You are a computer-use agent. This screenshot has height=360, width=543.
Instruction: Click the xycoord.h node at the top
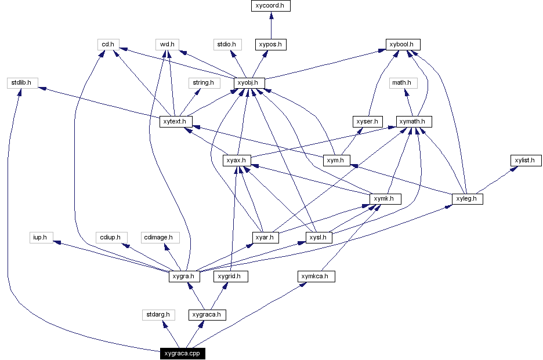(x=271, y=6)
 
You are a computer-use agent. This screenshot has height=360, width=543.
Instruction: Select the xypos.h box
(x=271, y=44)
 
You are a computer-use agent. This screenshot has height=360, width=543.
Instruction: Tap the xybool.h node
(x=403, y=44)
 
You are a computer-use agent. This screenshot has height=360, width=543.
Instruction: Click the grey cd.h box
(x=108, y=44)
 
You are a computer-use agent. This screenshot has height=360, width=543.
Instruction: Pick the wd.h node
(x=168, y=44)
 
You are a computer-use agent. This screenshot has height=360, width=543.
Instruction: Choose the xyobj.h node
(x=249, y=83)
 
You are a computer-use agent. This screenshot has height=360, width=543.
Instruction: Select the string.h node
(x=203, y=83)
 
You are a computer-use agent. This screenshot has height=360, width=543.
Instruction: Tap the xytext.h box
(x=176, y=122)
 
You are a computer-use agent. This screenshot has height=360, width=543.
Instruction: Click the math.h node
(x=401, y=83)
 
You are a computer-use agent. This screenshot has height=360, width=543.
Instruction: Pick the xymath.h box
(x=414, y=122)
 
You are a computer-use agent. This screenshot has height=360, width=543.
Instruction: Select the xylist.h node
(x=526, y=160)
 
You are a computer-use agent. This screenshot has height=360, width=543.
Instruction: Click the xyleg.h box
(x=467, y=199)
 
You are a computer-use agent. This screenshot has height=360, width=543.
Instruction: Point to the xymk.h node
(x=385, y=199)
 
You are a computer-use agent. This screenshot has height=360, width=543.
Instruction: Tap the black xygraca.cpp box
(x=183, y=353)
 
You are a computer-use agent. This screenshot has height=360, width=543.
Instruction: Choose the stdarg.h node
(x=158, y=315)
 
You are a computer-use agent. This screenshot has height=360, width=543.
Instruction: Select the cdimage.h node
(x=161, y=238)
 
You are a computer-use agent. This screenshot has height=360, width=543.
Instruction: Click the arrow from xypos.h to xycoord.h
(x=271, y=26)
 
